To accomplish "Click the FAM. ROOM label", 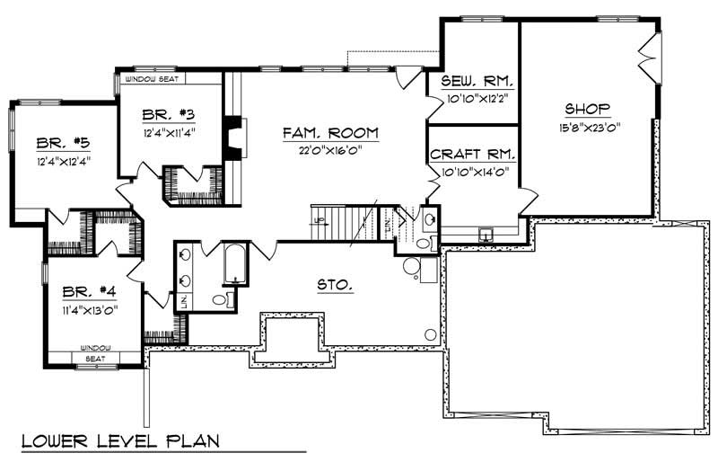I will tap(330, 133).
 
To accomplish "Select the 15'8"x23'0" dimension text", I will tap(589, 127).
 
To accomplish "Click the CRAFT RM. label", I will tap(471, 155).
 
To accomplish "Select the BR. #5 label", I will tap(63, 143).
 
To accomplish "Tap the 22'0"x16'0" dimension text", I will tap(330, 150).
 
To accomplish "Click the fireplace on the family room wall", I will tap(232, 137).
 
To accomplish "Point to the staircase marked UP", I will tap(339, 221).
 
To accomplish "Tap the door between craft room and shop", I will tap(528, 198).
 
